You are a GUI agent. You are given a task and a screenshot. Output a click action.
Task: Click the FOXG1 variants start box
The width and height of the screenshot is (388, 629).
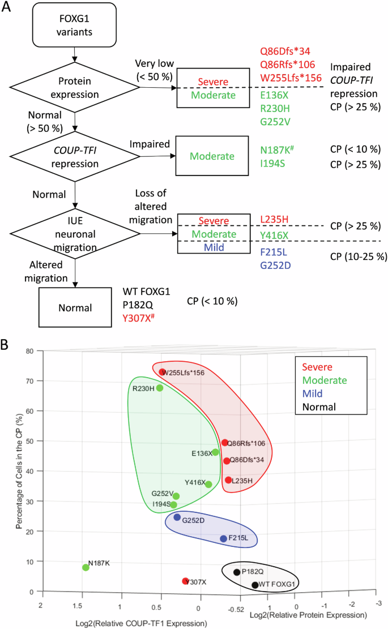(75, 27)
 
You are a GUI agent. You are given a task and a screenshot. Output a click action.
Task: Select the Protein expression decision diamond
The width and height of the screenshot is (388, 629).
(75, 88)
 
